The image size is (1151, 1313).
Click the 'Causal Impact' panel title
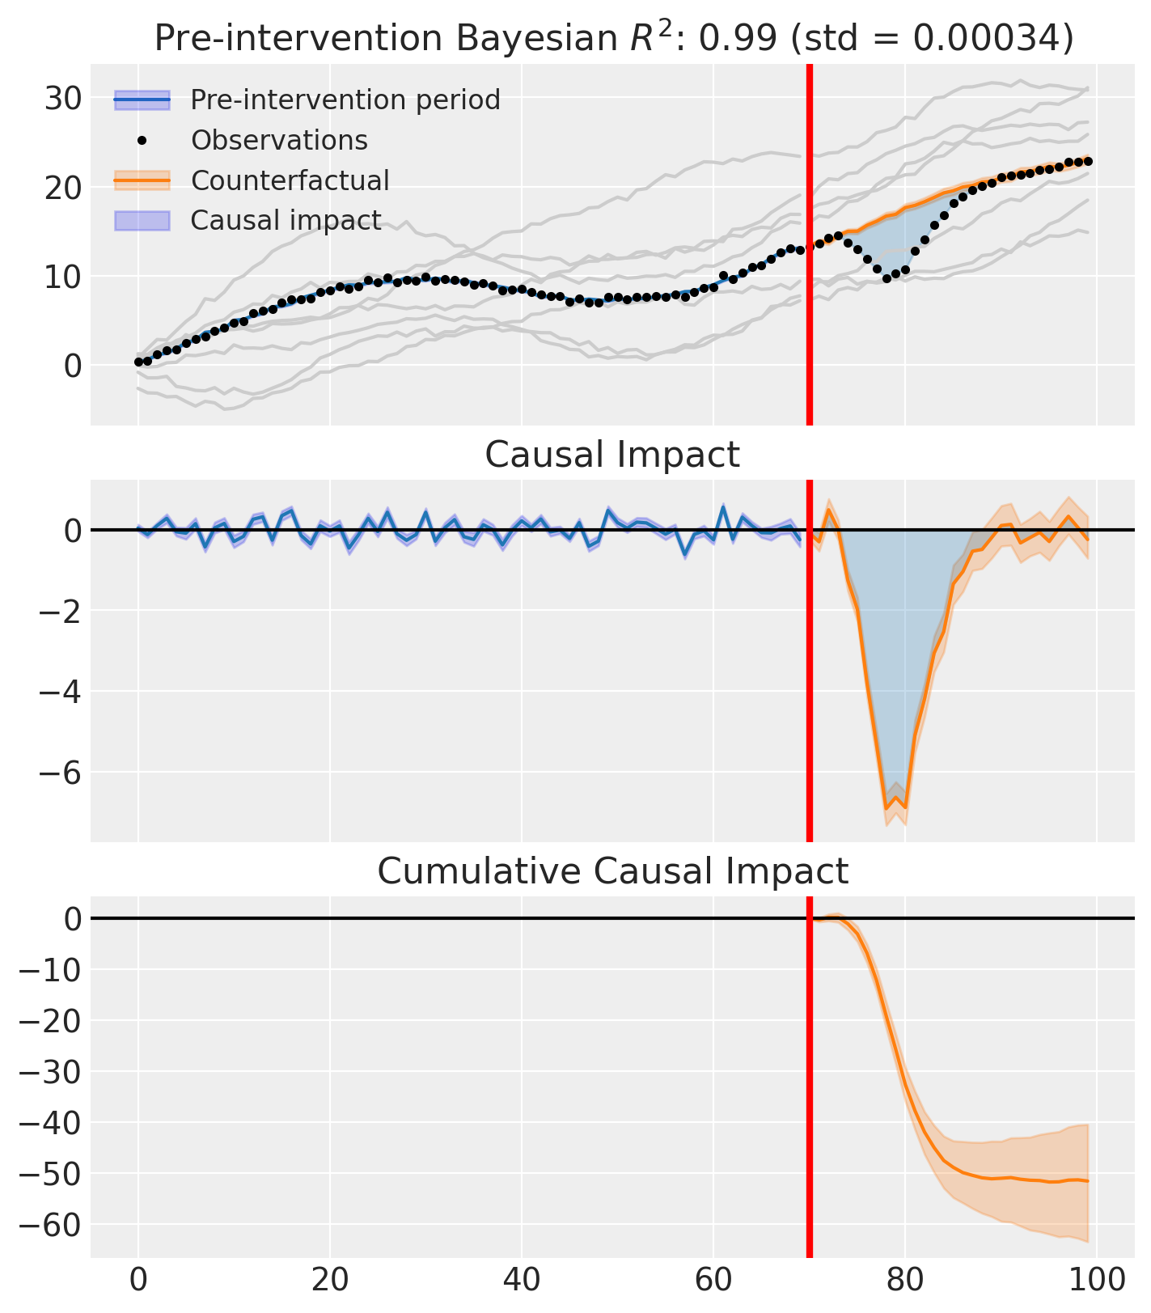coord(612,455)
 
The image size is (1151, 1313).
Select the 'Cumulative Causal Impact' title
coord(612,871)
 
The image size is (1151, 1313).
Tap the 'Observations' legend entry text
coord(279,141)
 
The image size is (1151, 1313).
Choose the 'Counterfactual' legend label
coord(290,180)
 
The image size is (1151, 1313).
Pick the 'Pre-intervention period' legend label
coord(345,100)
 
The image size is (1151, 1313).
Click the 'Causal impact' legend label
coord(286,220)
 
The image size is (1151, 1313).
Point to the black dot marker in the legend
coord(142,141)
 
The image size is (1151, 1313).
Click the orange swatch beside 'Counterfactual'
coord(142,180)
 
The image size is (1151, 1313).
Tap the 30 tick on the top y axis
coord(62,99)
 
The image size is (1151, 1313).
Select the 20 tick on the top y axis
coord(62,188)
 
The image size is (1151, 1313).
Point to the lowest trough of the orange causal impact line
coord(887,808)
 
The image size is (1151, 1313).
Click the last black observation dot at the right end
coord(1088,162)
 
